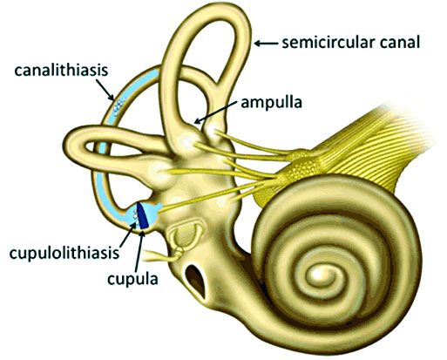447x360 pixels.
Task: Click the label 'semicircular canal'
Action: (x=351, y=43)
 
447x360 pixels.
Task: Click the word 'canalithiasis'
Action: (x=61, y=71)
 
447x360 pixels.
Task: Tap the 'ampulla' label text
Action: (x=272, y=103)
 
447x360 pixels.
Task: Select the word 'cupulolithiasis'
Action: (x=64, y=254)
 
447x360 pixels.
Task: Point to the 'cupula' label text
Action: (x=132, y=279)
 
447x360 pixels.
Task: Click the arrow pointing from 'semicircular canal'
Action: (x=266, y=44)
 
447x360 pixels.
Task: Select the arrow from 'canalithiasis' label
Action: (x=105, y=90)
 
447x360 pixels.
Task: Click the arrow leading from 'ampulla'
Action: (x=215, y=112)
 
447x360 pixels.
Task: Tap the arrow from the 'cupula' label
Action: (x=139, y=250)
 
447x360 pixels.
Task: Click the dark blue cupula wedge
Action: (x=143, y=215)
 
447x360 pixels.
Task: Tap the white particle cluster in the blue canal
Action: (x=119, y=105)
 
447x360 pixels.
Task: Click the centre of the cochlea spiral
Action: (x=316, y=274)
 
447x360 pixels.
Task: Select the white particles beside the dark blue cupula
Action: (x=134, y=214)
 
